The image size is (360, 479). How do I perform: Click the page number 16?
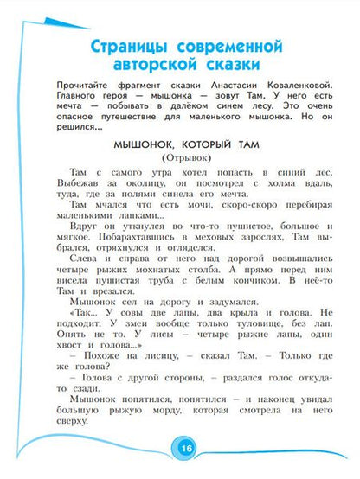click(187, 450)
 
